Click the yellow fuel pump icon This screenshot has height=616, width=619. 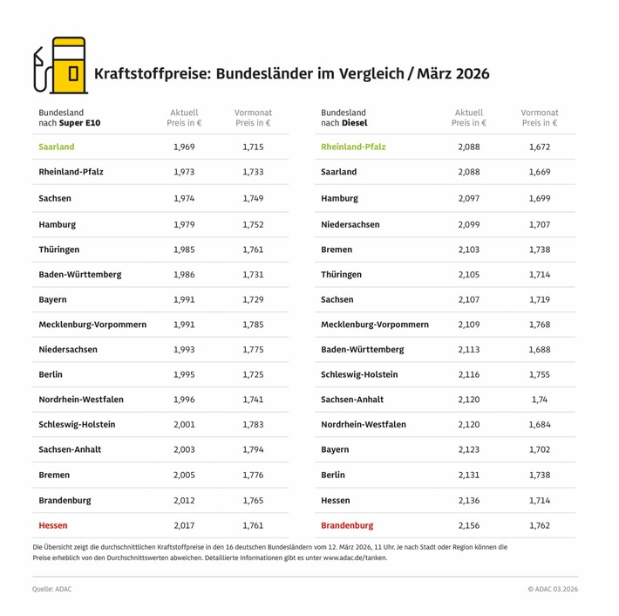point(61,66)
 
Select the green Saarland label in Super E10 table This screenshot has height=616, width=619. point(57,147)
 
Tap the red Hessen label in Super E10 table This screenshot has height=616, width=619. point(53,526)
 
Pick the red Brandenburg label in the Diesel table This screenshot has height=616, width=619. point(347,526)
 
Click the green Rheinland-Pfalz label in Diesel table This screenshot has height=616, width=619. point(353,147)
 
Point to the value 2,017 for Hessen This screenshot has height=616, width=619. point(184,526)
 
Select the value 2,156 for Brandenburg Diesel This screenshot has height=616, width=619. point(468,526)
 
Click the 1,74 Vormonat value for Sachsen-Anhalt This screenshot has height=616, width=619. point(540,400)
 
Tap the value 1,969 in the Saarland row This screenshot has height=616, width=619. point(184,147)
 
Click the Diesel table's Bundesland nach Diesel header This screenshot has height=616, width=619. point(344,119)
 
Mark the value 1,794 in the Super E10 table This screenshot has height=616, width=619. point(253,450)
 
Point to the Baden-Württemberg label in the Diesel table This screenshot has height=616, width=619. point(363,350)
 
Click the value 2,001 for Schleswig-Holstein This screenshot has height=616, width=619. point(184,425)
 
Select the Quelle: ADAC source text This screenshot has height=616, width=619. point(52,589)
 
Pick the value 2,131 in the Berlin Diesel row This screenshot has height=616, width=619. point(468,476)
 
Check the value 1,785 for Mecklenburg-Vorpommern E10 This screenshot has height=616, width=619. point(253,325)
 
